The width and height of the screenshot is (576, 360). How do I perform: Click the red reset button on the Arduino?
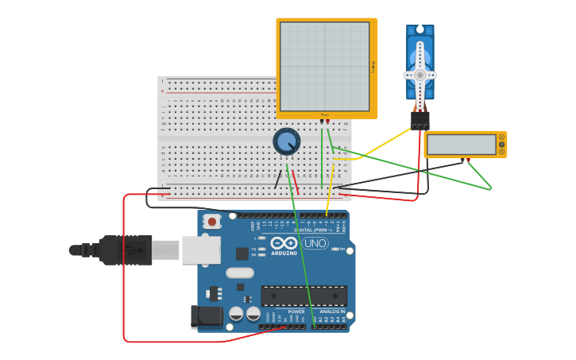[211, 222]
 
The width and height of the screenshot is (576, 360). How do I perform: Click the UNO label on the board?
[315, 243]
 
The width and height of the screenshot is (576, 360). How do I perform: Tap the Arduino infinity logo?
[284, 243]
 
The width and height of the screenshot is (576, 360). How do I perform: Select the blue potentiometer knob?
[287, 141]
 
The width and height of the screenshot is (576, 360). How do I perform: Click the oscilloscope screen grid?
[324, 66]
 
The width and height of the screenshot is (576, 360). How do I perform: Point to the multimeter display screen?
[461, 145]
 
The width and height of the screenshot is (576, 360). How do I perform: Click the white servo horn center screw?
[419, 75]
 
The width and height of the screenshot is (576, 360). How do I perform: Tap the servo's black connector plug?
[419, 120]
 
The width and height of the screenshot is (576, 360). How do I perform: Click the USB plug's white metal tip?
[166, 250]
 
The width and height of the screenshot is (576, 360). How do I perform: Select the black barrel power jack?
[206, 316]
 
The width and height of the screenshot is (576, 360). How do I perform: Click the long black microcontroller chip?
[304, 296]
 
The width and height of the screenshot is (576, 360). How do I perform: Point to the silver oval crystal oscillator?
[239, 273]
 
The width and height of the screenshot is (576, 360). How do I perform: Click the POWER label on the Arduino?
[296, 312]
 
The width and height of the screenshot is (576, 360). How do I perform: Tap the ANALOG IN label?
[333, 312]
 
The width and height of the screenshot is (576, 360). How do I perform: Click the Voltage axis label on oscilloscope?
[373, 68]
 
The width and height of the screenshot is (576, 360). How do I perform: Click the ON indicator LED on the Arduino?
[348, 250]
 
